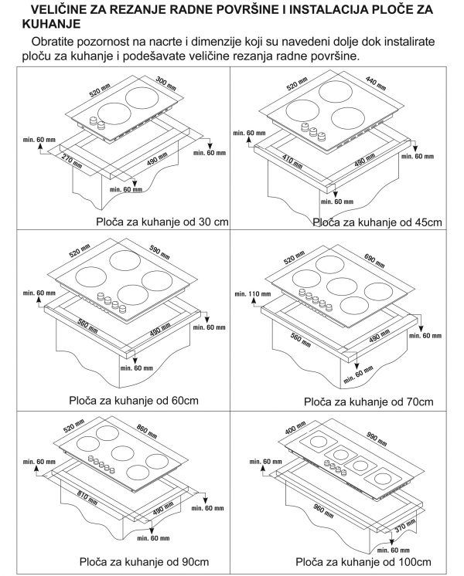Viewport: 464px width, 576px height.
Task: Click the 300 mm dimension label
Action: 166,83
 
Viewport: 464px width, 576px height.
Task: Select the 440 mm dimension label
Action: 376,83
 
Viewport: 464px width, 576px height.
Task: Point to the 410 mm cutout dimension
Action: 292,161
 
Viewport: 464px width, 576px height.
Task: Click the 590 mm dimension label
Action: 160,252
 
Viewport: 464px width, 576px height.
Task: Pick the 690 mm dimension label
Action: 374,260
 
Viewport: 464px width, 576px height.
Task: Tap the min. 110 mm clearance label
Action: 253,294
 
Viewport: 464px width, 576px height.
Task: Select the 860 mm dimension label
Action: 147,432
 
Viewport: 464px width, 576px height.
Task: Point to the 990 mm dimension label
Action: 377,439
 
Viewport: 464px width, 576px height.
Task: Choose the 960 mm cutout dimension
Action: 323,511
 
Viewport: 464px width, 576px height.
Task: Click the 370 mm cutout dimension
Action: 405,526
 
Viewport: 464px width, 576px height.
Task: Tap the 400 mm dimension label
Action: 295,428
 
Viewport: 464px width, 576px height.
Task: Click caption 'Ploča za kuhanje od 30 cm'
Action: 162,222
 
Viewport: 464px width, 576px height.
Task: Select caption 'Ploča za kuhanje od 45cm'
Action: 377,222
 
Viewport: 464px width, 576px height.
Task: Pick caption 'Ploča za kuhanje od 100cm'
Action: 363,562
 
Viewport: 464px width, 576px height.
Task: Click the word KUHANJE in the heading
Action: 52,24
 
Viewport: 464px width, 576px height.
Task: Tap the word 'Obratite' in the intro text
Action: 53,42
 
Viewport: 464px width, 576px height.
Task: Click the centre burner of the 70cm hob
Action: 342,286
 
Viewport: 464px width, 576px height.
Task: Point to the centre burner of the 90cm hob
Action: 122,453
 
